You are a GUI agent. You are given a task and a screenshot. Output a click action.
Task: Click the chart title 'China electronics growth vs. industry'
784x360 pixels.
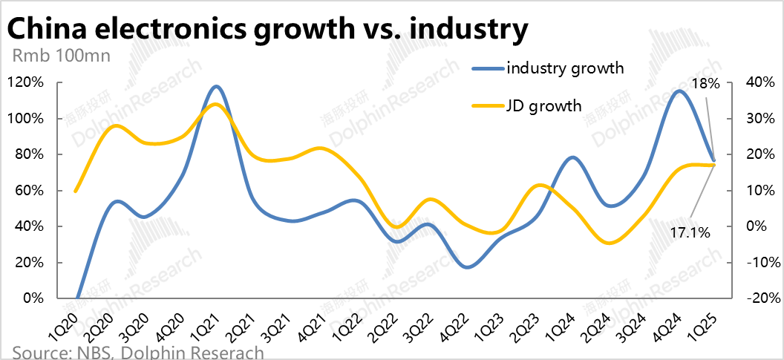pos(267,30)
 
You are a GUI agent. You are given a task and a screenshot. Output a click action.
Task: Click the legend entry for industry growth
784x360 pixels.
pos(564,68)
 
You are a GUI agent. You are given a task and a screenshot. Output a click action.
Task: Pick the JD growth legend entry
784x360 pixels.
pos(543,105)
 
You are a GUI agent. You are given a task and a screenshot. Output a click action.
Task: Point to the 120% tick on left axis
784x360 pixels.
pos(25,82)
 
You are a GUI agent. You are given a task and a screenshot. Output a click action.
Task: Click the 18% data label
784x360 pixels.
pos(705,84)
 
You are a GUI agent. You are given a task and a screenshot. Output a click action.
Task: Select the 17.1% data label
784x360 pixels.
pos(690,233)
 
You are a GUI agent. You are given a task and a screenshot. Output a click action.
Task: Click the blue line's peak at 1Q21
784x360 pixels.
pos(216,87)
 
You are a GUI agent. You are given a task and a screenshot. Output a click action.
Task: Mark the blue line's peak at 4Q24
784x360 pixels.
pos(679,91)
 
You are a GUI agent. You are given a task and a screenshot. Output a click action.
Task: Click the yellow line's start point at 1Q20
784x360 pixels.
pos(76,191)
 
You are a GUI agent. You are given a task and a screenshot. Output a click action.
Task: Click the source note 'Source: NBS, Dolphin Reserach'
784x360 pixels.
pos(138,352)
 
